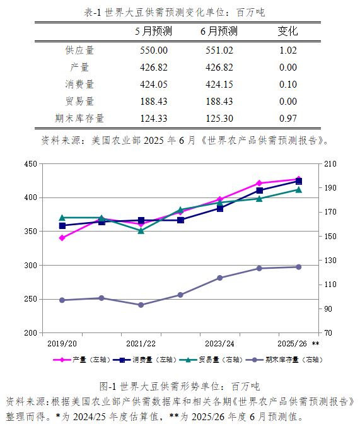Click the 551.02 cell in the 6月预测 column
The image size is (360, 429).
pos(219,50)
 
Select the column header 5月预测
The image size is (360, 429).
pos(153,31)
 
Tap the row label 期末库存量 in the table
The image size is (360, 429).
pos(79,118)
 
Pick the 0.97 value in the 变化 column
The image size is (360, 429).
pos(288,118)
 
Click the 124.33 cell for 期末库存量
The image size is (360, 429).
pos(154,118)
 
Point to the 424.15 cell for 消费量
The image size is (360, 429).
pos(219,85)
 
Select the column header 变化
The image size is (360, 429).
pos(287,31)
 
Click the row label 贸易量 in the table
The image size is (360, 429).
pos(79,101)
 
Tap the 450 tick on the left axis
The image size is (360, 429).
pos(31,164)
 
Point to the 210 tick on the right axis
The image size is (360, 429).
pos(330,164)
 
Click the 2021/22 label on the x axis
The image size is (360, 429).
pos(141,343)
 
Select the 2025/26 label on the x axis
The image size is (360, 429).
pos(292,343)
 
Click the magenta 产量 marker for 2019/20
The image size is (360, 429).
pos(62,238)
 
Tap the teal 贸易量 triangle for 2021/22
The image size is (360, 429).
pos(141,231)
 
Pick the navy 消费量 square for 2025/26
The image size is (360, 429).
pos(299,182)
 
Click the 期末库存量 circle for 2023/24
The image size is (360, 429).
pos(220,278)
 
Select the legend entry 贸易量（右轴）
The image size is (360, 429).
pos(211,360)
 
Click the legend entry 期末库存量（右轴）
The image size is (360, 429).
pos(284,360)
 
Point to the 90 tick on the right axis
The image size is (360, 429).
pos(328,309)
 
